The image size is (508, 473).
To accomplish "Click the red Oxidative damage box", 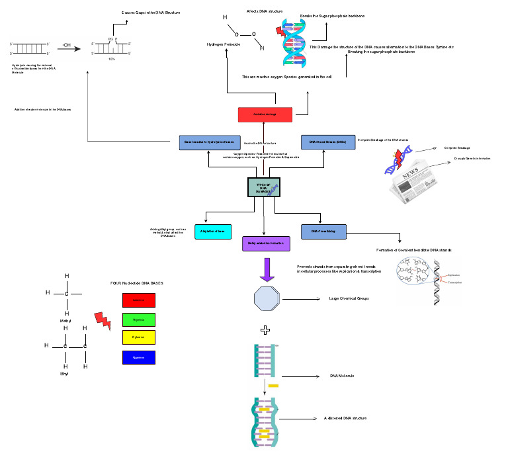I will pos(265,114).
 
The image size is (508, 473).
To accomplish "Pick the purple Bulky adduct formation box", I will pos(265,243).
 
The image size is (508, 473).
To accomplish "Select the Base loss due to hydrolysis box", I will pos(209,142).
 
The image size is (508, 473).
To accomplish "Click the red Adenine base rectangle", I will pos(139,300).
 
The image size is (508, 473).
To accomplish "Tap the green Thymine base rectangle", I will pos(139,318).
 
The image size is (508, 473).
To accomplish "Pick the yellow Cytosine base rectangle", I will pos(139,337).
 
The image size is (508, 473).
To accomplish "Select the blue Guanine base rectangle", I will pos(139,357).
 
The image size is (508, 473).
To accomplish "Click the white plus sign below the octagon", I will pos(265,329).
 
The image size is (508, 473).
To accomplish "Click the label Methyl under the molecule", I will pos(65,321).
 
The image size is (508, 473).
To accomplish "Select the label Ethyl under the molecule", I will pos(65,374).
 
